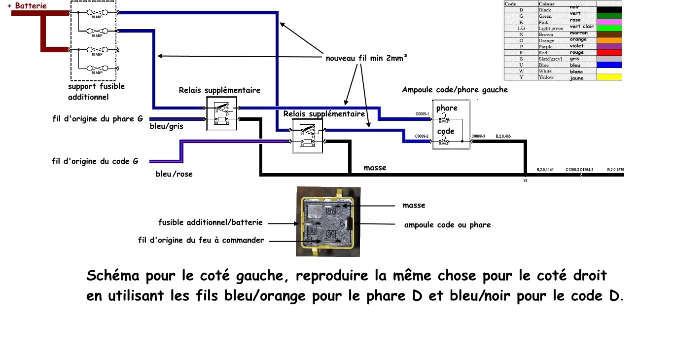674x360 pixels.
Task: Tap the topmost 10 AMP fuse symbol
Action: click(x=97, y=13)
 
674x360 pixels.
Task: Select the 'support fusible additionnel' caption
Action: click(x=96, y=92)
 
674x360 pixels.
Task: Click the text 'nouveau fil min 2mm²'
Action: click(x=367, y=58)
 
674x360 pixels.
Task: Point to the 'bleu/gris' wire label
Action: click(x=166, y=126)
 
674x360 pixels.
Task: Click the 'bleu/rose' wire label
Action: click(x=174, y=174)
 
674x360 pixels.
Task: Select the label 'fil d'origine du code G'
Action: click(x=95, y=161)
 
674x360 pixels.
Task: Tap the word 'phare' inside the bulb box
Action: click(x=447, y=108)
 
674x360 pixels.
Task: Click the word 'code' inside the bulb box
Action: click(x=446, y=131)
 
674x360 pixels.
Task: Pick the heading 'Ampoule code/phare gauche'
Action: click(x=455, y=90)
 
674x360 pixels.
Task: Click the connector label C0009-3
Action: click(x=478, y=136)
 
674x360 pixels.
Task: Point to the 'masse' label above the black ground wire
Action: click(x=375, y=168)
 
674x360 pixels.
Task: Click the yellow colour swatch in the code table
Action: click(x=609, y=77)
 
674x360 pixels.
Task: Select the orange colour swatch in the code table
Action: click(x=609, y=40)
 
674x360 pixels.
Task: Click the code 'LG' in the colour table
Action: click(x=521, y=28)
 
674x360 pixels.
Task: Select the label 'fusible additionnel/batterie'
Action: click(x=211, y=222)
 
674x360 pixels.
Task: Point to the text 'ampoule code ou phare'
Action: click(x=447, y=225)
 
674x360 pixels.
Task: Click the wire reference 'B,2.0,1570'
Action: click(x=615, y=170)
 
